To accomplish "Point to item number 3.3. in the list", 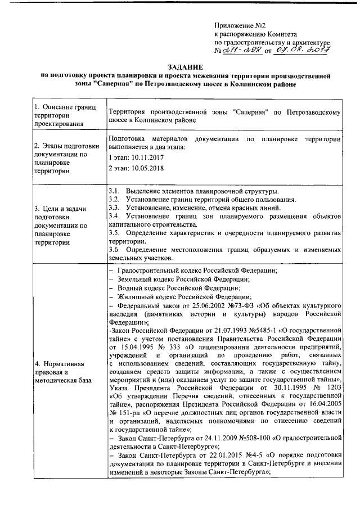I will (114, 208).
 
